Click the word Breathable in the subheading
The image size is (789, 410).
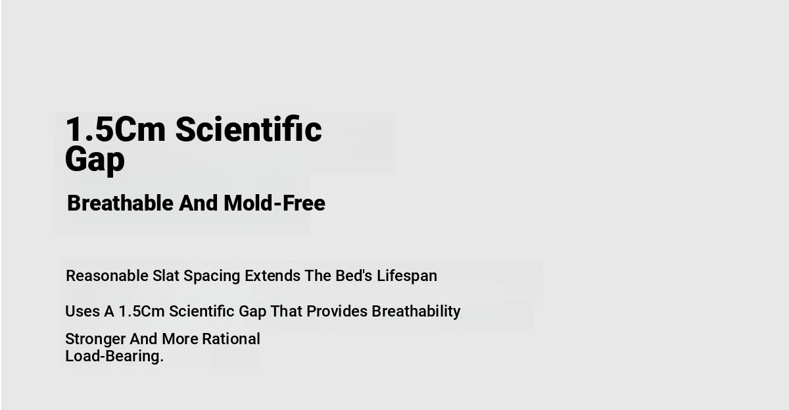tap(120, 203)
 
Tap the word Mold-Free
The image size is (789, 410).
tap(274, 203)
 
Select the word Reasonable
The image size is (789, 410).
tap(107, 276)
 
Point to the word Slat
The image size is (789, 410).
tap(166, 276)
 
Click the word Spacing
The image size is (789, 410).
tap(212, 276)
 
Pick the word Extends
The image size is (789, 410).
tap(273, 276)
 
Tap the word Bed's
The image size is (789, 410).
tap(354, 276)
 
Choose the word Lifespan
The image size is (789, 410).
tap(407, 276)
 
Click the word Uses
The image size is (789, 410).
tap(82, 311)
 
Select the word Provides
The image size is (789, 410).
tap(337, 311)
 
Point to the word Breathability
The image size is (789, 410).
tap(416, 312)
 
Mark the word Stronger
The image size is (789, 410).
tap(95, 340)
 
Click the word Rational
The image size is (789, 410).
tap(231, 339)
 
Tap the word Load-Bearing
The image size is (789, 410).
tap(114, 357)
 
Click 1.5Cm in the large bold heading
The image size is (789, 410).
tap(116, 130)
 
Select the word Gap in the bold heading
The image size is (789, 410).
tap(95, 159)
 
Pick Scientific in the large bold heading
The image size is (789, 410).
tap(249, 129)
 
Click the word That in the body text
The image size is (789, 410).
tap(287, 311)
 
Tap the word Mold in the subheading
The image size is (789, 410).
tap(248, 203)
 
